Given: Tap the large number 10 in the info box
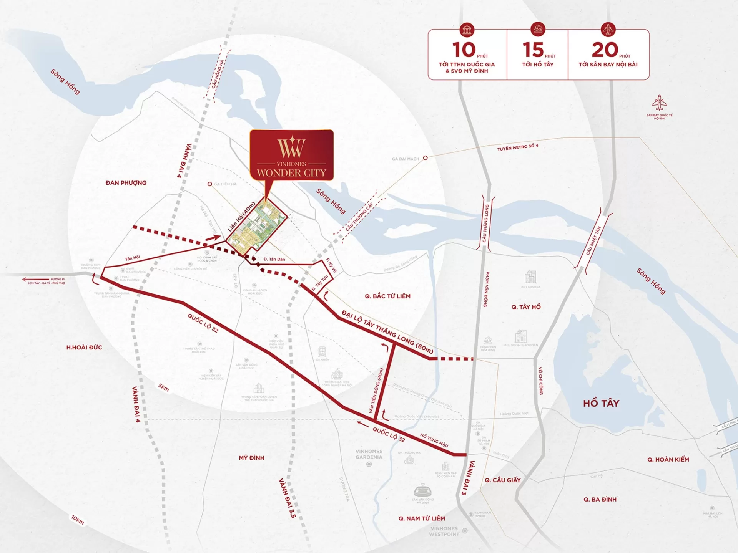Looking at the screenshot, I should coord(464,50).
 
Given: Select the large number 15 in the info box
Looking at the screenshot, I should coord(533,50).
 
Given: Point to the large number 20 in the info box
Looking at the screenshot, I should coord(605,50).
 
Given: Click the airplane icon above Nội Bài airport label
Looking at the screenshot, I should coord(659,103).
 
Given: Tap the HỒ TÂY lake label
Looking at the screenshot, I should coord(601,403).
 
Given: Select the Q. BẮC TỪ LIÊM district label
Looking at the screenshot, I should coord(387,296).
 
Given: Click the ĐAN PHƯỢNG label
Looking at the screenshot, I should coord(126,183).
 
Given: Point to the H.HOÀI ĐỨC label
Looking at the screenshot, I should coord(84,348).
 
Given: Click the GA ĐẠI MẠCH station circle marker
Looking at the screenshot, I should coord(425,158).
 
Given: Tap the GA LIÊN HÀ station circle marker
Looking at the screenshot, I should coord(210,184).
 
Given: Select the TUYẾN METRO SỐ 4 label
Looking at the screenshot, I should coord(517,147).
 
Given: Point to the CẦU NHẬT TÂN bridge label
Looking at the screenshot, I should coord(593,241).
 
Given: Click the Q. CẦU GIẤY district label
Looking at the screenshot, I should coord(502,480).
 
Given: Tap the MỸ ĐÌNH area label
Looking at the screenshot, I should coord(251,458).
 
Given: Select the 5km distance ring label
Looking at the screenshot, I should coord(163,388).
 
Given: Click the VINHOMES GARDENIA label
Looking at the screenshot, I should coord(369,454).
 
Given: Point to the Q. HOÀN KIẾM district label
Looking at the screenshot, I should coord(668,459).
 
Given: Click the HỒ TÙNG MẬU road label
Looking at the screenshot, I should coord(434,440).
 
